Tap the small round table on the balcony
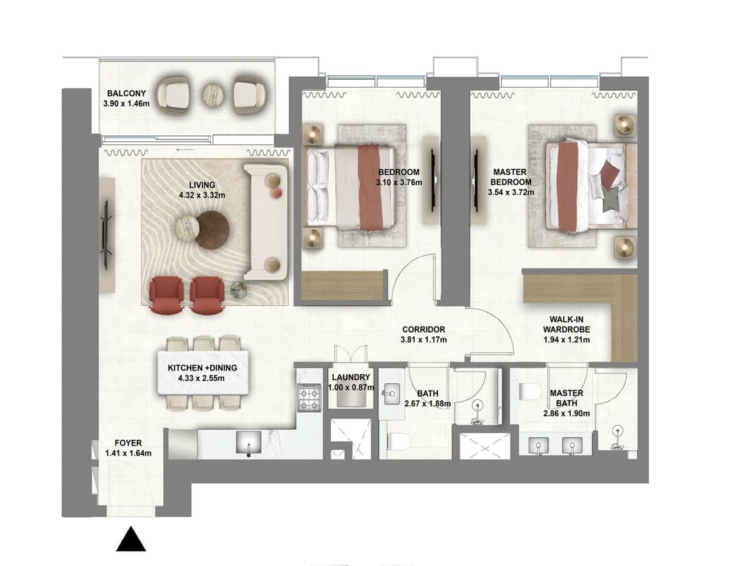[x=214, y=94]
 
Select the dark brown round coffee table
[x=212, y=230]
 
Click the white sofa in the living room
[x=266, y=221]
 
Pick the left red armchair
[x=166, y=294]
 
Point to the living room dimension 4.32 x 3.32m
[x=202, y=196]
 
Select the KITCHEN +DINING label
[x=202, y=368]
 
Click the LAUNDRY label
[x=350, y=378]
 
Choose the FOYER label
[x=128, y=443]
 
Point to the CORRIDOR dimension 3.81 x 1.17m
[x=424, y=339]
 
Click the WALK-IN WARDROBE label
[x=567, y=325]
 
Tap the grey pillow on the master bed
[x=610, y=201]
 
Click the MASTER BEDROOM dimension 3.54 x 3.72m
[x=510, y=192]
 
